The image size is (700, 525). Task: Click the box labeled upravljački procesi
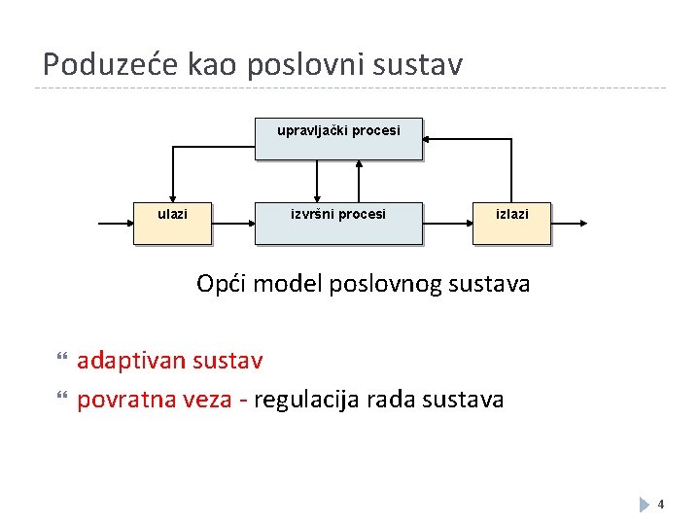point(338,139)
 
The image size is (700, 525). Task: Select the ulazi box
point(172,223)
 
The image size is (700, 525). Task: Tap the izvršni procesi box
point(338,223)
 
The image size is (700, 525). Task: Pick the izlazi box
point(512,223)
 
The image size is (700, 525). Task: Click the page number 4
point(661,505)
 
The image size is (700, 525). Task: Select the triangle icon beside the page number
point(645,505)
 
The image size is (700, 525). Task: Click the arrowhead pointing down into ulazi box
point(172,197)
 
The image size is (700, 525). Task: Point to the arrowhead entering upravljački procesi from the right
point(430,139)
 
